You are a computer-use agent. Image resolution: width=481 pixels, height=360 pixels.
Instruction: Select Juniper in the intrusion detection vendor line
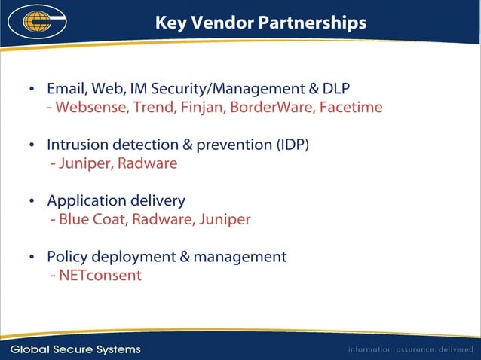click(84, 163)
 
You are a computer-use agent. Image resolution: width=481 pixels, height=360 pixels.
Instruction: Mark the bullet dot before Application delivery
click(32, 201)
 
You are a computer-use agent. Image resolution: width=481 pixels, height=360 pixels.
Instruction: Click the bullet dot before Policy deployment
click(32, 258)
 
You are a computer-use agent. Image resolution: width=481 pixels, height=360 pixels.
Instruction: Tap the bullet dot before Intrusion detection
click(32, 145)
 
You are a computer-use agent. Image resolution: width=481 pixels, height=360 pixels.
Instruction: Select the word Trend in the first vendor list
click(153, 107)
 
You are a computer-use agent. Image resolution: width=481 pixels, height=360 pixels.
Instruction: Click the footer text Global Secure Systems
click(75, 349)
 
